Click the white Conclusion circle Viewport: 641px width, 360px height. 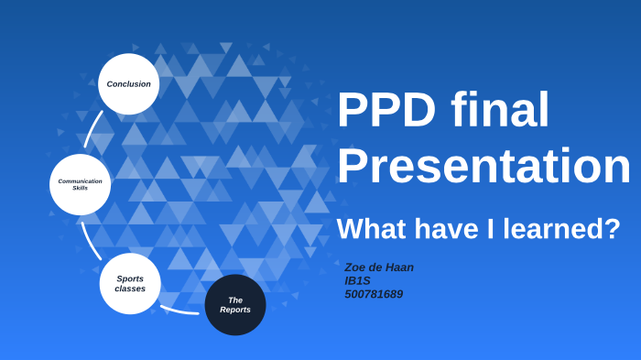[128, 83]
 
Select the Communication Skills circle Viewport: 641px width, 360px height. [80, 184]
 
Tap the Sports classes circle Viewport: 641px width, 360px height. [130, 283]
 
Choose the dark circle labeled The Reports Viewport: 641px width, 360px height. [235, 305]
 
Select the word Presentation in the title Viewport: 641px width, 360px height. [483, 167]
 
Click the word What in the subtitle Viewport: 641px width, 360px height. [374, 228]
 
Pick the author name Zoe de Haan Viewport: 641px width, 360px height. [378, 267]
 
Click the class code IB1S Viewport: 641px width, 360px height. [357, 280]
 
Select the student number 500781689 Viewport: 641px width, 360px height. [373, 294]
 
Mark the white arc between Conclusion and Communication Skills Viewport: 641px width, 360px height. [92, 130]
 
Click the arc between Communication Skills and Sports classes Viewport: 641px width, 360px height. [90, 240]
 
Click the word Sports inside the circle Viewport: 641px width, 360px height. [130, 278]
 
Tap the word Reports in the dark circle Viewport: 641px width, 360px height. [235, 311]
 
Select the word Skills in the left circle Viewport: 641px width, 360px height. [80, 188]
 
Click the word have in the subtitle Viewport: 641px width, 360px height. [440, 228]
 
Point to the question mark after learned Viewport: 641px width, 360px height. [613, 228]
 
